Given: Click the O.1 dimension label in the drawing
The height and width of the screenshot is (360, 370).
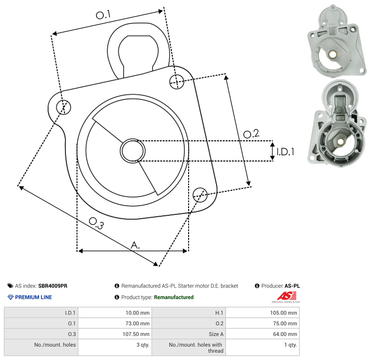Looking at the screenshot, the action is point(103,14).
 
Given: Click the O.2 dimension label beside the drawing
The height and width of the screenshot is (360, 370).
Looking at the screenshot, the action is point(251,134).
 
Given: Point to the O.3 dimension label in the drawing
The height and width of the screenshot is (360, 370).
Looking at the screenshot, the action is point(96,223).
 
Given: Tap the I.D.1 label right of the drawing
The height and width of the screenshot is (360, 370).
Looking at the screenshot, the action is point(285,152).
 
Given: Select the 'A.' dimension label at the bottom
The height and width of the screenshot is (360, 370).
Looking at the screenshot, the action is point(135,245).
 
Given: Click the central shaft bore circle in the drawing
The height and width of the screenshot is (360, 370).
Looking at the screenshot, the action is point(133,151).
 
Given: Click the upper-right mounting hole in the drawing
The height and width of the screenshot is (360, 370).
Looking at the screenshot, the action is point(177,82).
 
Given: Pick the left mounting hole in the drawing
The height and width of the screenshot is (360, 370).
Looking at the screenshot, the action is point(64,107).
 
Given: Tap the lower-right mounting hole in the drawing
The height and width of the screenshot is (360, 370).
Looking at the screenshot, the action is point(200,195).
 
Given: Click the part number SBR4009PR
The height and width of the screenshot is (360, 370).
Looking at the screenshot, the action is point(52,286).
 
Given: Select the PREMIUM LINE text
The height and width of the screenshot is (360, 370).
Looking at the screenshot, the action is point(34,298).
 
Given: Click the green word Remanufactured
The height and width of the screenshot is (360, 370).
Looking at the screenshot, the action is point(174,298).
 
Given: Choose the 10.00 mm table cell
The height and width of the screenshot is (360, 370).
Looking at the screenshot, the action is point(138,313).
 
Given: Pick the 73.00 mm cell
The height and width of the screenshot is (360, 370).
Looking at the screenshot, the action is point(138,323).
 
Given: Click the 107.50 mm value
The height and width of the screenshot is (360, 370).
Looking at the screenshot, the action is point(136,334).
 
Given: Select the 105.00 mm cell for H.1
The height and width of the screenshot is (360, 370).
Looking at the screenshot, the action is point(284,313).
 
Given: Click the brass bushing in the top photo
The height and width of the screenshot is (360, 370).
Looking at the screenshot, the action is point(333,55).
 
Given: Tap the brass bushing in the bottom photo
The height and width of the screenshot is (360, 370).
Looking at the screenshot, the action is point(340,142).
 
